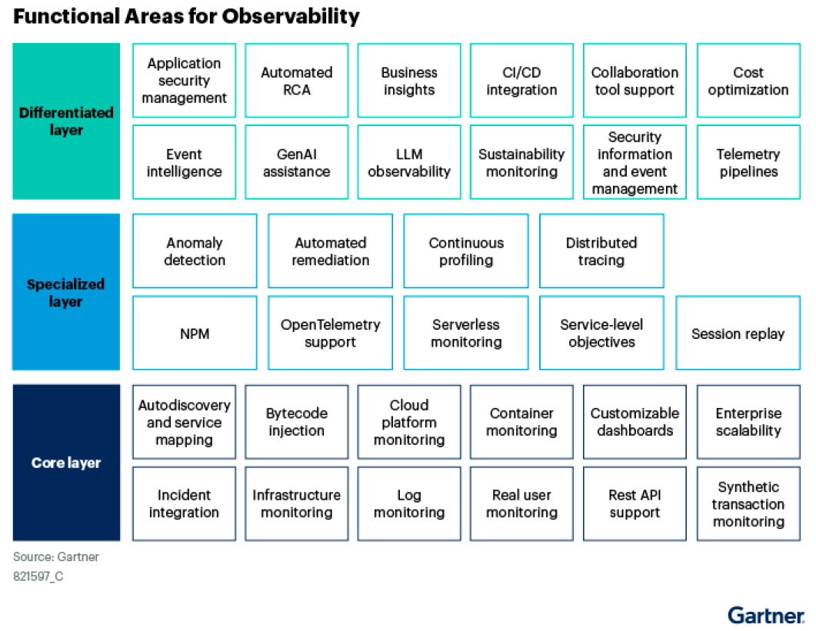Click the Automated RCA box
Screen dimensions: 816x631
[x=297, y=81]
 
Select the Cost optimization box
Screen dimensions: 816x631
[x=748, y=81]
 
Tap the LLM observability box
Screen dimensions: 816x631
[x=409, y=162]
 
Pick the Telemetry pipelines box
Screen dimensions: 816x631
[x=748, y=162]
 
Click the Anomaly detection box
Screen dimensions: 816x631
[x=195, y=251]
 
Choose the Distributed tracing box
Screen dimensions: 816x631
[x=601, y=251]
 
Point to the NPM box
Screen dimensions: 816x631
[x=195, y=333]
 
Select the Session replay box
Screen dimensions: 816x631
[x=738, y=333]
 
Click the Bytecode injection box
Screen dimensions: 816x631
[x=297, y=422]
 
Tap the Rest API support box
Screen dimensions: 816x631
[x=635, y=503]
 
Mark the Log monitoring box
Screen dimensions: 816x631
[x=409, y=503]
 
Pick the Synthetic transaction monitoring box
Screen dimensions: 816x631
[x=748, y=503]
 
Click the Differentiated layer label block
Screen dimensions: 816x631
[x=66, y=121]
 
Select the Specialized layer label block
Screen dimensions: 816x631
[x=66, y=292]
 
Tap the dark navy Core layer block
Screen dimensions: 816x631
[x=66, y=463]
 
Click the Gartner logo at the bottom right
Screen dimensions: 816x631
[x=766, y=616]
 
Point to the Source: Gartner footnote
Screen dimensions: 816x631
[x=56, y=556]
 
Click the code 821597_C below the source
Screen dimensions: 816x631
[x=38, y=576]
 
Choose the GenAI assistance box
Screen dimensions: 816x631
[x=297, y=162]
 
